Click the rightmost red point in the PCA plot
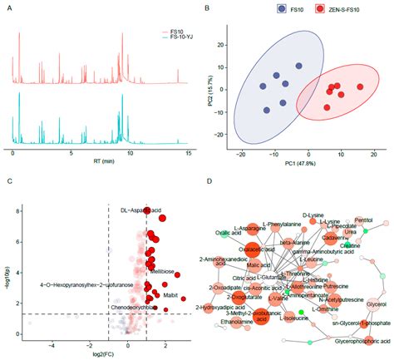point(360,86)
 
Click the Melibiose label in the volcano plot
point(162,272)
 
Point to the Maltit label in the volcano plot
point(163,294)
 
